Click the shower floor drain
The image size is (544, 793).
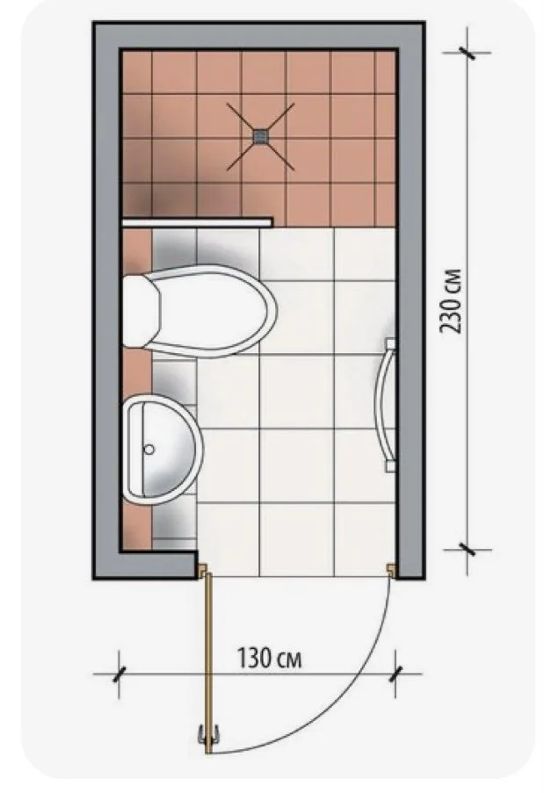(261, 135)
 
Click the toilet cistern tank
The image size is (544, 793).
(141, 311)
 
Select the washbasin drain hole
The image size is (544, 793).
(149, 449)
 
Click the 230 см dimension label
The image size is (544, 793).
(450, 301)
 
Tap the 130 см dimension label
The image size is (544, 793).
(269, 659)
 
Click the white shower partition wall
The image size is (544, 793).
(198, 221)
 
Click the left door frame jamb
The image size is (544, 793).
(202, 570)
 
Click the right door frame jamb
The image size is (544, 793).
(391, 570)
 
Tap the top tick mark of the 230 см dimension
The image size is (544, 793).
(467, 52)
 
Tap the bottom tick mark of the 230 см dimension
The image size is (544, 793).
(467, 549)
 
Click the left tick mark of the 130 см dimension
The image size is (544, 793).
(120, 674)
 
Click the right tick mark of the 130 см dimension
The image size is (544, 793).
(395, 674)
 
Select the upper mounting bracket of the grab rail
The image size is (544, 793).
(390, 344)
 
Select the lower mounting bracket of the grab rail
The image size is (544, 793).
(390, 465)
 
